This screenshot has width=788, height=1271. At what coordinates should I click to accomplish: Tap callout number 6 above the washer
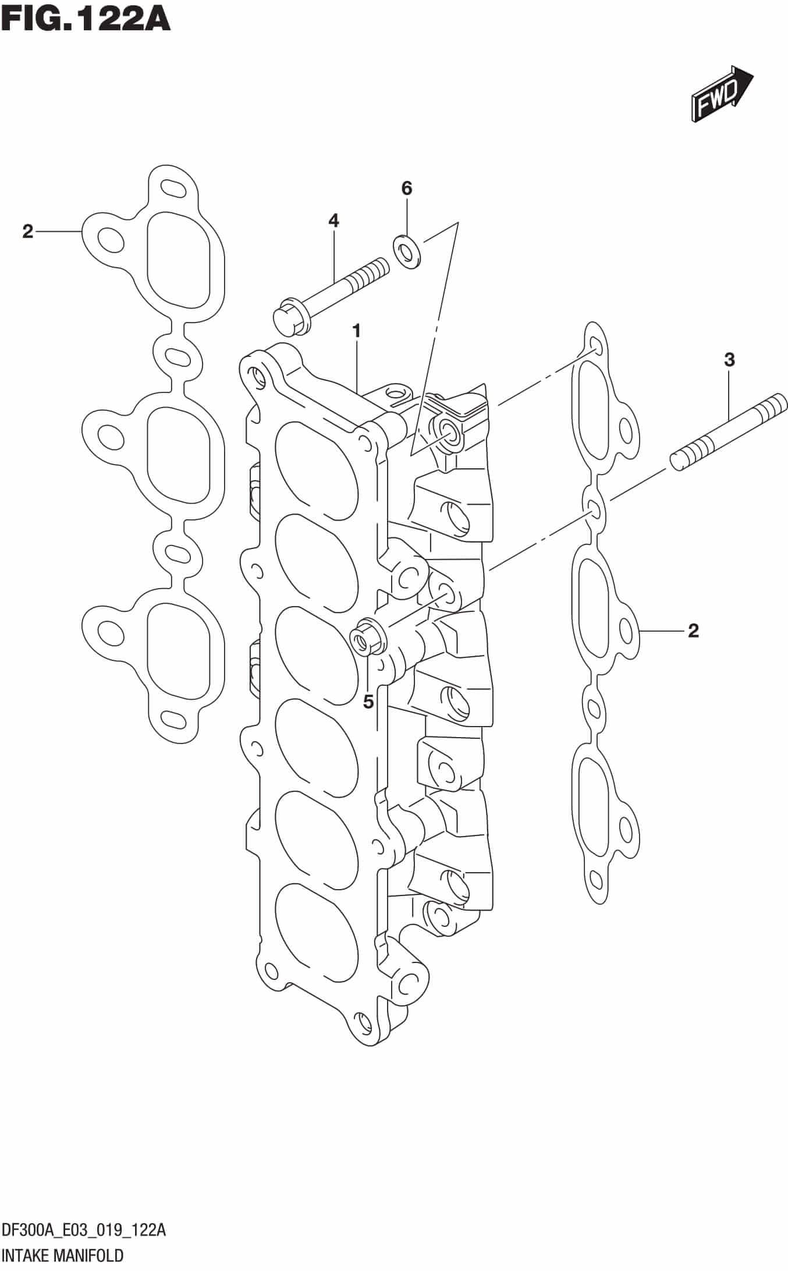406,189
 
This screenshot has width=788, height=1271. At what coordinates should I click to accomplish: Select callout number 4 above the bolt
333,221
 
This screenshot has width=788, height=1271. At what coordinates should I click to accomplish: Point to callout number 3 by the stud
729,360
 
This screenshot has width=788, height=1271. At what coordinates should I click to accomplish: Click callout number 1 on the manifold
356,332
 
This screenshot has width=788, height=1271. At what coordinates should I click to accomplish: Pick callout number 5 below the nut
368,702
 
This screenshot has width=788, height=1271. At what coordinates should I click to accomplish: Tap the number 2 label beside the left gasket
27,232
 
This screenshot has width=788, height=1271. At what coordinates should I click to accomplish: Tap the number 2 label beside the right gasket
693,630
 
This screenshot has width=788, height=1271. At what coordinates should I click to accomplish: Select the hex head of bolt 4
286,320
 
